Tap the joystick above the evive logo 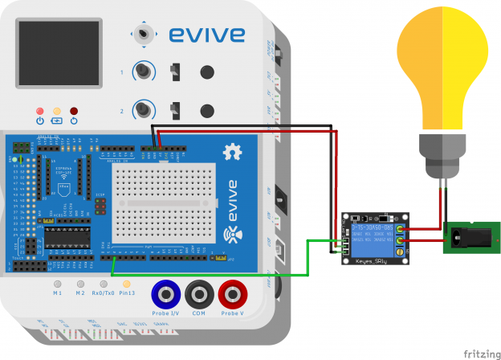[145, 34]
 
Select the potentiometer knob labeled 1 [145, 72]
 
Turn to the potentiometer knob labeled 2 [145, 109]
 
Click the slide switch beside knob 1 [176, 72]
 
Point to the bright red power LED [39, 110]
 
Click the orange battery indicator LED [56, 110]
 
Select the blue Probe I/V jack [165, 292]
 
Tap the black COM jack [198, 292]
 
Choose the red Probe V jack [233, 292]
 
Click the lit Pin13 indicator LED [125, 284]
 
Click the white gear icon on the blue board [234, 150]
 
